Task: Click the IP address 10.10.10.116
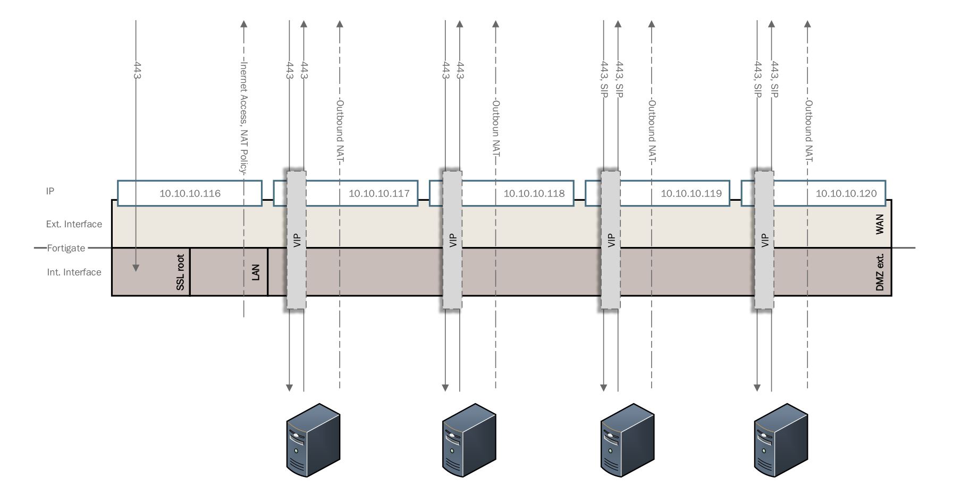[x=190, y=193]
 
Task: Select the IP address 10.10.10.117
[x=379, y=193]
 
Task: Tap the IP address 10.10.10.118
[x=534, y=193]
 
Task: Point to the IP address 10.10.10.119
[x=691, y=193]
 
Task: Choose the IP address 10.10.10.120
[x=846, y=193]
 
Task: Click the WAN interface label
[x=879, y=224]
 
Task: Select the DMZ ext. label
[x=879, y=272]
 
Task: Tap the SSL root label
[x=181, y=272]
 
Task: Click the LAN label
[x=256, y=272]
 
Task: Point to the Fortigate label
[x=66, y=248]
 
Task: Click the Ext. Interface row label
[x=74, y=224]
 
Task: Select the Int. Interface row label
[x=74, y=272]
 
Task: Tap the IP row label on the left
[x=50, y=191]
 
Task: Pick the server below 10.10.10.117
[x=313, y=440]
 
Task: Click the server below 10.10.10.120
[x=780, y=440]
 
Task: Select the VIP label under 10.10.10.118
[x=453, y=241]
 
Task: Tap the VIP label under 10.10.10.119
[x=611, y=241]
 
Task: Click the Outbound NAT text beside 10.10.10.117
[x=340, y=131]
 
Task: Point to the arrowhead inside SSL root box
[x=136, y=268]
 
